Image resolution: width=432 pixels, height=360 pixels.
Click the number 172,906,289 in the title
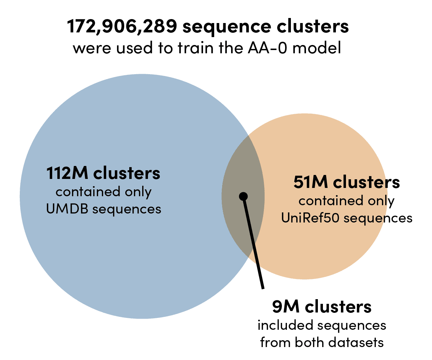click(121, 27)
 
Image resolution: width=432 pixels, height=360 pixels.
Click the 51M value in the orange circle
click(310, 183)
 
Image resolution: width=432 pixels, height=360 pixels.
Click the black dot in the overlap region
click(243, 196)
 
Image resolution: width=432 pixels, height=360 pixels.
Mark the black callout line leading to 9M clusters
click(254, 245)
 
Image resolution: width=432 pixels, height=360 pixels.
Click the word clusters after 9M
click(338, 307)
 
